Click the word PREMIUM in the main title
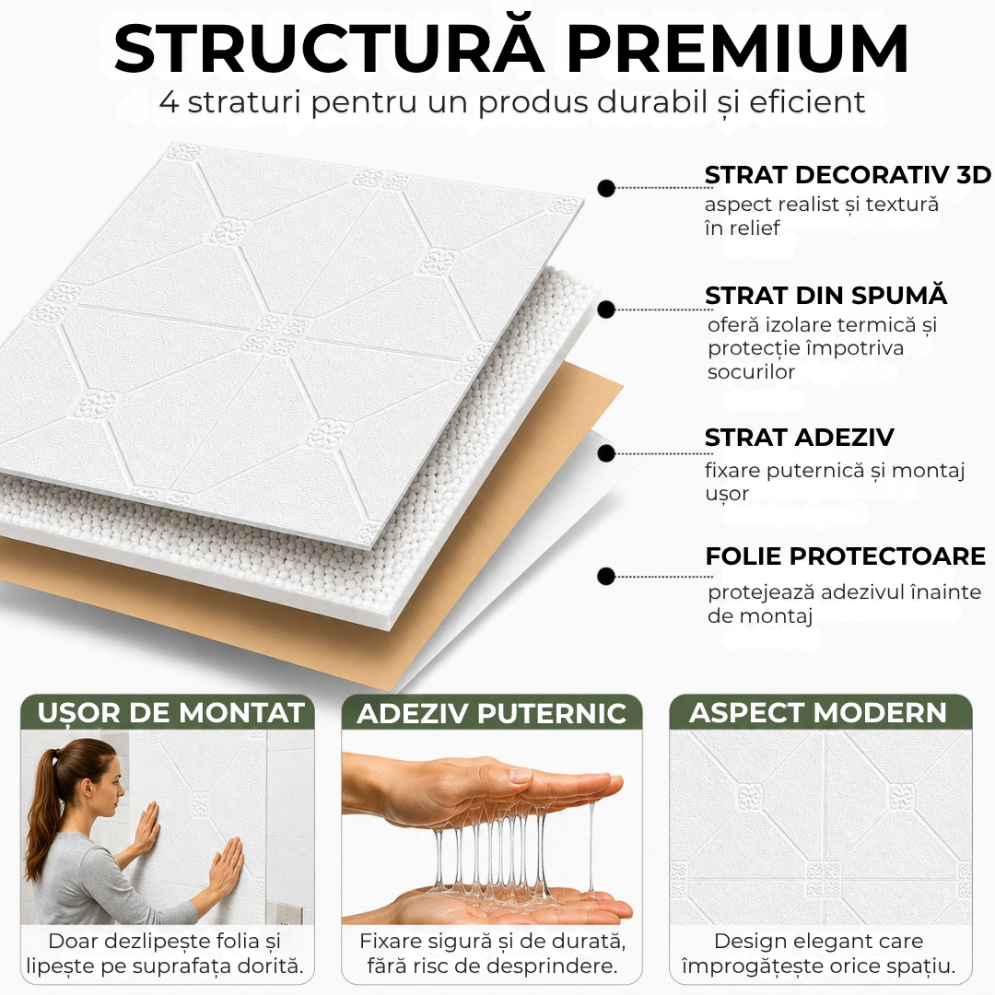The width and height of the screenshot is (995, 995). click(738, 50)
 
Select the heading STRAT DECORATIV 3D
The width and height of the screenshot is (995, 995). click(848, 175)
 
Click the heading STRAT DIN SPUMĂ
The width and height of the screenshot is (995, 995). click(826, 295)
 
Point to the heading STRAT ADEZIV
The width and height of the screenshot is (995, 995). click(799, 438)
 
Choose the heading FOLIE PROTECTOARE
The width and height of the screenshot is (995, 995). click(845, 556)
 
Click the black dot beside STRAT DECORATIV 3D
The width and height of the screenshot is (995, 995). click(606, 188)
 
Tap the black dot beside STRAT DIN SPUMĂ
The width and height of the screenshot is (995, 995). click(606, 310)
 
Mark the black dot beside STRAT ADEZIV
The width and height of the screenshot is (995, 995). click(606, 453)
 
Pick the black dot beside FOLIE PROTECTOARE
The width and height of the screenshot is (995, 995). click(606, 576)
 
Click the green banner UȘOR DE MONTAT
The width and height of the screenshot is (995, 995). click(169, 712)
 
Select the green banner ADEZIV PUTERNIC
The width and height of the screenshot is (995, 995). click(492, 712)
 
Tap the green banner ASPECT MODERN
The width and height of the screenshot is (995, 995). click(820, 712)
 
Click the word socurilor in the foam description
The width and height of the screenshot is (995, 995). click(751, 372)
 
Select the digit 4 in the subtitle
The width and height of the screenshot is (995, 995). click(170, 102)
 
